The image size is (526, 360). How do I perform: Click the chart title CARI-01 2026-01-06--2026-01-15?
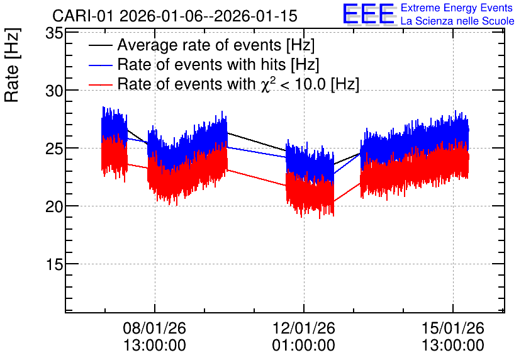coord(175,16)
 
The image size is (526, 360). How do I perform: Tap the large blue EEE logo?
coord(369,14)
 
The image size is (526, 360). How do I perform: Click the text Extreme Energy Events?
coord(457,8)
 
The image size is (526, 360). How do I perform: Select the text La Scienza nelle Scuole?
coord(457,21)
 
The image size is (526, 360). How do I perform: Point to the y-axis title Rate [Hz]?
coord(12,65)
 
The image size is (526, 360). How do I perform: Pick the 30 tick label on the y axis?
coord(54,91)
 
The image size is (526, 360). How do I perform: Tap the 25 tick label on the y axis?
coord(54,149)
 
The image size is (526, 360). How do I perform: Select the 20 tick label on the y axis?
coord(54,206)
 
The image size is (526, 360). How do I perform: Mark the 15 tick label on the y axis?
coord(54,264)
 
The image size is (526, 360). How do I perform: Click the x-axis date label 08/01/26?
coord(154,328)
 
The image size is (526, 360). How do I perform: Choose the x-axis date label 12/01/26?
coord(304,328)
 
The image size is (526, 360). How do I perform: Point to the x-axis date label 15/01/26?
coord(453,328)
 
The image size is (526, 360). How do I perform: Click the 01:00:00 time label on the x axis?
coord(304,346)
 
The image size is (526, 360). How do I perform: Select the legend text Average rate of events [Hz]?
coord(216,45)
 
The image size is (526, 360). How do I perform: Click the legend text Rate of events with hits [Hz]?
coord(218,64)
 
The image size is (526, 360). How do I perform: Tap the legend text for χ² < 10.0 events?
coord(238,84)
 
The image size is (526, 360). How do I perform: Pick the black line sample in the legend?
coord(100,45)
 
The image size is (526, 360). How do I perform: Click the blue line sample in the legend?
coord(100,65)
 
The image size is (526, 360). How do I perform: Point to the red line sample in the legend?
coord(100,84)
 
